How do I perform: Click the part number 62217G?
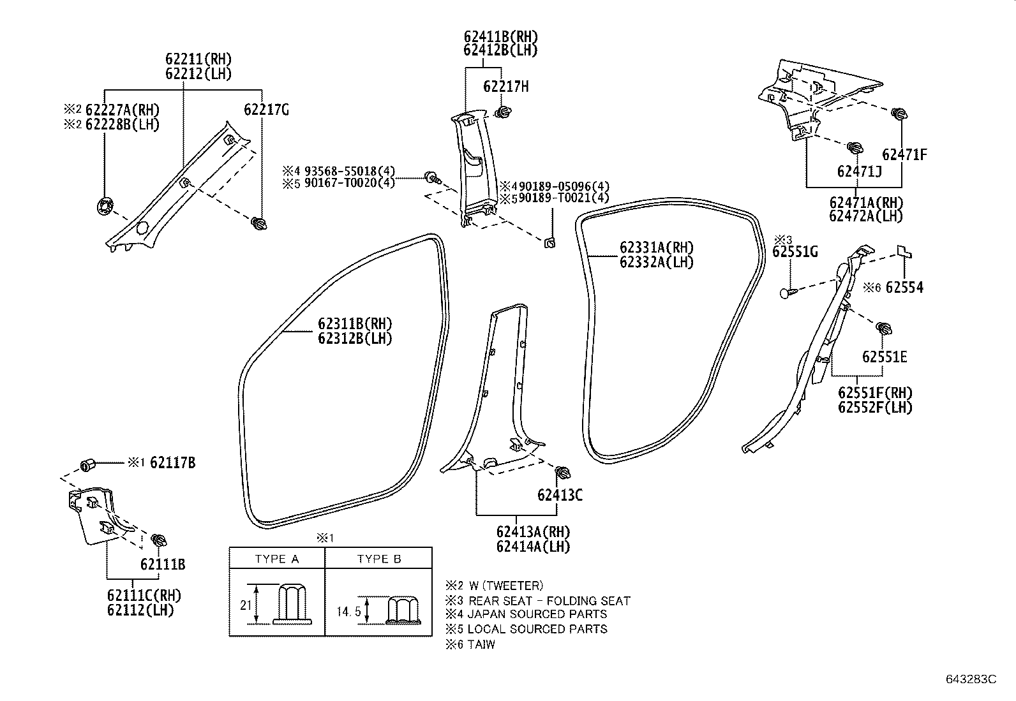coord(266,110)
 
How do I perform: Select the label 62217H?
coord(505,87)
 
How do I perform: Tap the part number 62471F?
coord(904,154)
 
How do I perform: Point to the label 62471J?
coord(859,171)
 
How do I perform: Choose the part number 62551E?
coord(884,357)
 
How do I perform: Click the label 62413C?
coord(560,495)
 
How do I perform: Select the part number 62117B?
coord(172,463)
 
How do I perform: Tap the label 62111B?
coord(163,564)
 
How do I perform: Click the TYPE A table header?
coord(277,559)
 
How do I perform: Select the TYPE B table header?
coord(379,559)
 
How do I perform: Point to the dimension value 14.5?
coord(348,611)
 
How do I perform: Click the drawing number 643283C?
coord(971,679)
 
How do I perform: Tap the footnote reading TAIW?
coord(481,644)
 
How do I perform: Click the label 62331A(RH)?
coord(656,247)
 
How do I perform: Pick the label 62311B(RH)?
coord(355,324)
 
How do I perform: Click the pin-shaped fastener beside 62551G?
coord(788,293)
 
